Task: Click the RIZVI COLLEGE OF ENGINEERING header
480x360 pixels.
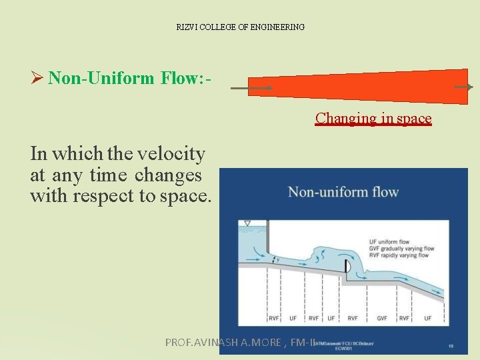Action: coord(240,27)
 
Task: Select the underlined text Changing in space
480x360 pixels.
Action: coord(373,119)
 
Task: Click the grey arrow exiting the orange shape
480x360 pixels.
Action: coord(463,87)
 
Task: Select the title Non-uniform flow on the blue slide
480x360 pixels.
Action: coord(343,193)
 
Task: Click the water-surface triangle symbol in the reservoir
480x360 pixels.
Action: coord(247,223)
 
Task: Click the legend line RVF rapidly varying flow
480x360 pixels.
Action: coord(398,255)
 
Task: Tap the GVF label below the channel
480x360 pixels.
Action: coord(382,318)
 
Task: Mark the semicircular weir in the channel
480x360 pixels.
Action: coord(347,267)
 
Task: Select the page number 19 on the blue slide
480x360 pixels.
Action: coord(452,346)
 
